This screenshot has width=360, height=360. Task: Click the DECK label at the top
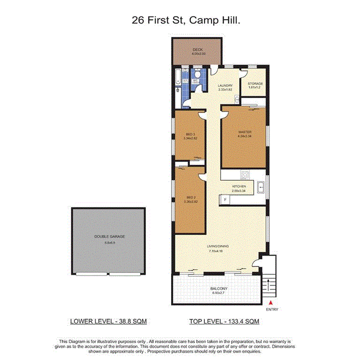pyautogui.click(x=197, y=51)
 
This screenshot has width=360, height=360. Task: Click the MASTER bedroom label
pyautogui.click(x=245, y=133)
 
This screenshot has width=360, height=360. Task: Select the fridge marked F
pyautogui.click(x=225, y=199)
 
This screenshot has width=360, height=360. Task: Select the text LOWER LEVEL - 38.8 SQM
pyautogui.click(x=109, y=321)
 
